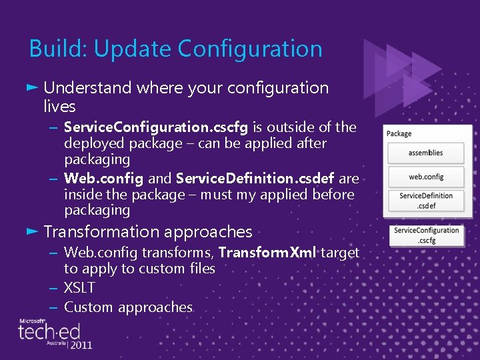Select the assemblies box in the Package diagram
click(425, 153)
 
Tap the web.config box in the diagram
click(426, 177)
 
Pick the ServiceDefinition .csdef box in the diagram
click(426, 201)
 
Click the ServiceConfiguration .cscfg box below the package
click(426, 235)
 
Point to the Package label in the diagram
click(399, 133)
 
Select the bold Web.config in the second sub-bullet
click(103, 179)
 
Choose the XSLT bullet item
click(79, 288)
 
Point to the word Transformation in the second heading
click(102, 232)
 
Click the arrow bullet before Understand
click(33, 87)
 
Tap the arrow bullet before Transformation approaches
click(33, 231)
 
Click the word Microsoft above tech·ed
click(32, 321)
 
